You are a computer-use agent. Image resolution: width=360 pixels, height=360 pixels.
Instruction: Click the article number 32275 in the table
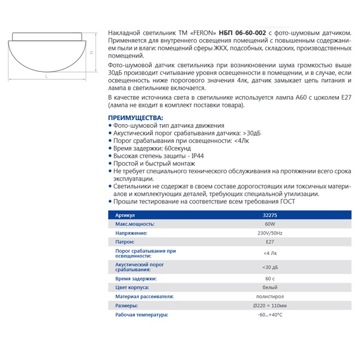coord(269,215)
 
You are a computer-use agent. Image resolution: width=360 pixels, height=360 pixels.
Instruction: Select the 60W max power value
coord(269,223)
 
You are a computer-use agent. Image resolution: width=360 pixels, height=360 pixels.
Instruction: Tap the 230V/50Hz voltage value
coord(269,233)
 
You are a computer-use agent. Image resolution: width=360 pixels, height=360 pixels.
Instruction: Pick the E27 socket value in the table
coord(269,242)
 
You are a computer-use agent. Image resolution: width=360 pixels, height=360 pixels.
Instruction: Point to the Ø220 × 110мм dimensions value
coord(269,306)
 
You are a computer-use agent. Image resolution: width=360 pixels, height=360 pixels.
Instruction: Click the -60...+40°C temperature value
coord(269,315)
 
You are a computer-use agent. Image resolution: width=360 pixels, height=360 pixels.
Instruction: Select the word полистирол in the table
coord(269,296)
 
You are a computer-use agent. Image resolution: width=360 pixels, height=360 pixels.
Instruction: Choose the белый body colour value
coord(269,287)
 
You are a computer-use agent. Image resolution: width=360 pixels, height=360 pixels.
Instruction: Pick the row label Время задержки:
coord(136,278)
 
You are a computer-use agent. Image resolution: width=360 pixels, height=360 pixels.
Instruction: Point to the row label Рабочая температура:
coord(142,315)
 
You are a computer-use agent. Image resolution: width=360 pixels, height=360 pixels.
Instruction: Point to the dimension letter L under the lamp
coord(47,77)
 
